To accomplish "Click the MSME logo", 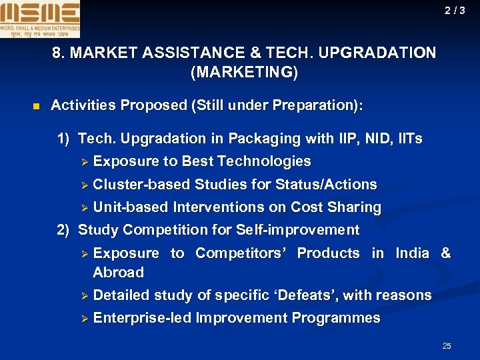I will tap(40, 19).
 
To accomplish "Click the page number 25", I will tap(447, 345).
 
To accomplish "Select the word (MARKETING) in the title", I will tap(244, 72).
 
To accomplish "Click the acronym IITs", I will tap(407, 139).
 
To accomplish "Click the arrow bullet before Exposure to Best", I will tap(85, 162).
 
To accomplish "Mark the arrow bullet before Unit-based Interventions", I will tap(85, 208).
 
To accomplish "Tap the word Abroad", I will tap(119, 272).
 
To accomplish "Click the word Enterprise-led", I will tap(142, 318).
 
